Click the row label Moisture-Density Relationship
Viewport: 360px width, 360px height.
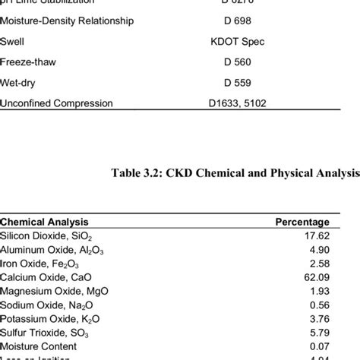[67, 21]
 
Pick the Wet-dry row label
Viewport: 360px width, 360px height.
[20, 83]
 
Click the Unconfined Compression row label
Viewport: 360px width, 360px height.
[56, 103]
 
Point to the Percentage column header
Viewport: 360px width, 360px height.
[302, 222]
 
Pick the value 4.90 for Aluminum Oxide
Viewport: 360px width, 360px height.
[317, 249]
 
